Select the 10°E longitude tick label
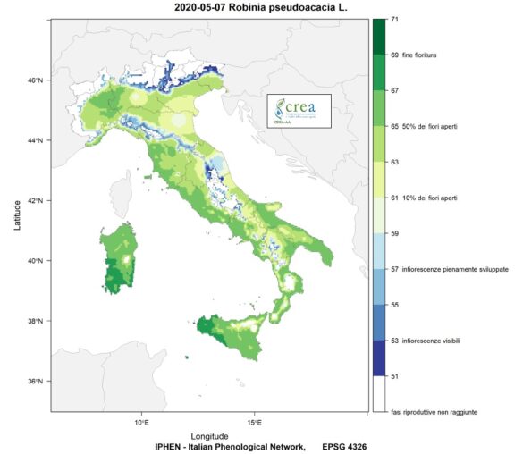[141, 421]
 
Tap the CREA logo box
[299, 112]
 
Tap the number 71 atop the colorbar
[394, 20]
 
